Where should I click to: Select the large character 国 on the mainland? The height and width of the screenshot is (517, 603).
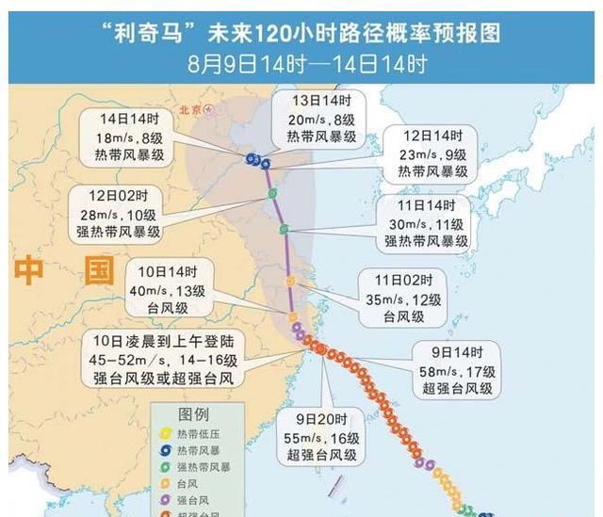[96, 273]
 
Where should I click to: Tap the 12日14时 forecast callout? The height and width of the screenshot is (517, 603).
[432, 153]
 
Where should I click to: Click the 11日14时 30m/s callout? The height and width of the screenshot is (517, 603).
[425, 224]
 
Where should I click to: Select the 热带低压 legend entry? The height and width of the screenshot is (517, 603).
[198, 434]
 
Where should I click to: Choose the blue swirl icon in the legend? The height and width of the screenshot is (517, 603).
[169, 450]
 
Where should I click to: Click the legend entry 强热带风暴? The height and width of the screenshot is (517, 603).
[204, 466]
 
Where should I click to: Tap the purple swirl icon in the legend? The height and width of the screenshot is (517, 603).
[169, 498]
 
